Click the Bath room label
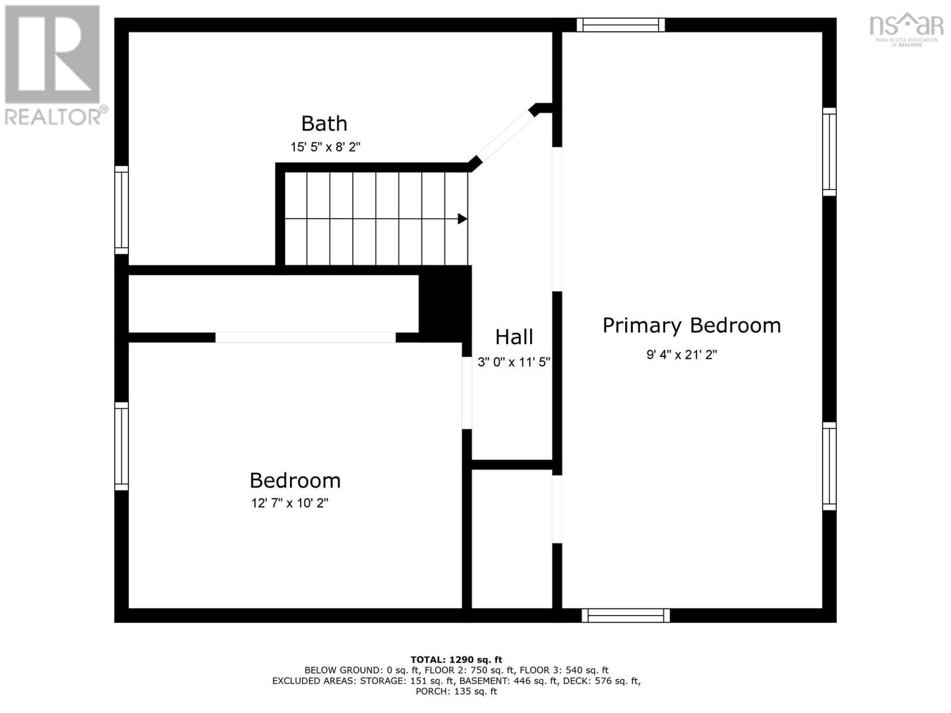tap(324, 124)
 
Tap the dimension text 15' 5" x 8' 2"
tap(325, 147)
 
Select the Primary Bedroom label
tap(691, 326)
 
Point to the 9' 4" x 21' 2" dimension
tap(682, 355)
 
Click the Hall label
tap(514, 337)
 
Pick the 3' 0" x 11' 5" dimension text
tap(514, 362)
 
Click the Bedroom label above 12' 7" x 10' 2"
tap(295, 480)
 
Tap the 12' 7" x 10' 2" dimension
tap(289, 503)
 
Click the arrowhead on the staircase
tap(462, 219)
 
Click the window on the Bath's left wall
tap(121, 210)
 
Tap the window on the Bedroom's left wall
tap(121, 446)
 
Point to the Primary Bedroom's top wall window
tap(621, 24)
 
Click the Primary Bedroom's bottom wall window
tap(625, 616)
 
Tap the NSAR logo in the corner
tap(906, 30)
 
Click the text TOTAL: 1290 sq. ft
tap(456, 660)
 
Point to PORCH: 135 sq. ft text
tap(456, 692)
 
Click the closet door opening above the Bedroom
tap(305, 337)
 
